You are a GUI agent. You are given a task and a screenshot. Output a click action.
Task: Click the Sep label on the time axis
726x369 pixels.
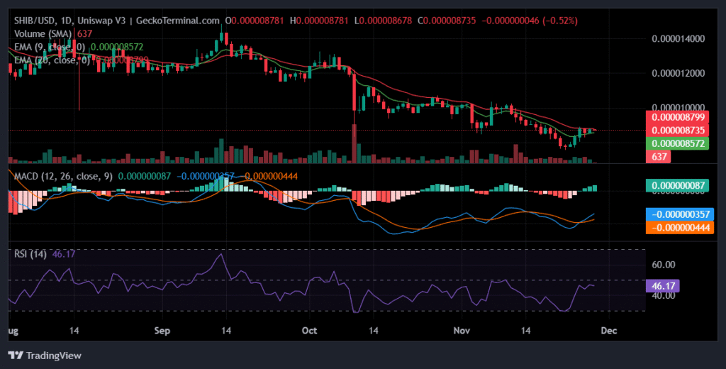(163, 331)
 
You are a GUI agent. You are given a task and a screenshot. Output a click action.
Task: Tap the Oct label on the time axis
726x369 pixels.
(308, 331)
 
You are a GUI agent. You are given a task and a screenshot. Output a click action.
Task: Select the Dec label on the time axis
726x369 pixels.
(609, 331)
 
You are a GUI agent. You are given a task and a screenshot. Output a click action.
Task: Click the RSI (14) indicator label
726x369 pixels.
(27, 253)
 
